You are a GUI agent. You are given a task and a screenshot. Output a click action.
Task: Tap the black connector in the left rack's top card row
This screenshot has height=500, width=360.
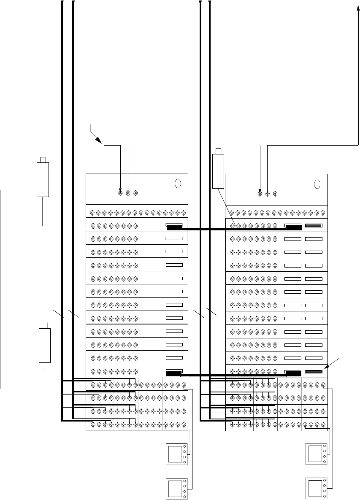(174, 228)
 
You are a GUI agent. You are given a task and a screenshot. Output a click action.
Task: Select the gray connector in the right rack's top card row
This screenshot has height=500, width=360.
(314, 226)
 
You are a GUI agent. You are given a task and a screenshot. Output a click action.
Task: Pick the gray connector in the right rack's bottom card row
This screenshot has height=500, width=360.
(314, 372)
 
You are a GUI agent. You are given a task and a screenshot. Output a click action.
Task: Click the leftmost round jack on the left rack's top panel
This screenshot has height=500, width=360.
(121, 194)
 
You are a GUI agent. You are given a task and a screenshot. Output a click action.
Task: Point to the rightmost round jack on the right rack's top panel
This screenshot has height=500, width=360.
(275, 194)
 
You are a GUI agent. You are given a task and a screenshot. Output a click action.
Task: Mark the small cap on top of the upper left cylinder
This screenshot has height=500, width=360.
(43, 159)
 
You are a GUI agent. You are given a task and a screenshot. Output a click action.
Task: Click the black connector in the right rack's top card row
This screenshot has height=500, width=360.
(293, 228)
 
